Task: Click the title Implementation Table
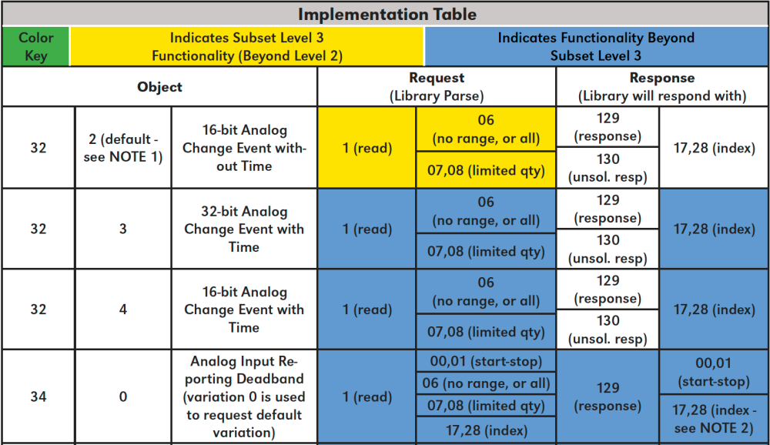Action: coord(387,14)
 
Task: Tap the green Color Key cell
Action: coord(35,46)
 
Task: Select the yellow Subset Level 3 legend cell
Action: coord(246,46)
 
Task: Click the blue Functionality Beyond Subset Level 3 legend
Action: coord(595,46)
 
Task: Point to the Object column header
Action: coord(159,87)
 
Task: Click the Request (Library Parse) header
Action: coord(436,87)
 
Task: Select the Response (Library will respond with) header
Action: coord(661,87)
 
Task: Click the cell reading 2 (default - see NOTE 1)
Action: coord(122,148)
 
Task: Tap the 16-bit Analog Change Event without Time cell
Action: coord(243,148)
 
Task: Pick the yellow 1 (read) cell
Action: coord(367,148)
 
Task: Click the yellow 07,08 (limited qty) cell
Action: coord(485,170)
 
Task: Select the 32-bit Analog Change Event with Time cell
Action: coord(243,229)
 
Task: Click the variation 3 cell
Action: coord(122,229)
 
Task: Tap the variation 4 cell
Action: coord(122,309)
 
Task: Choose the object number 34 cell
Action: coord(38,397)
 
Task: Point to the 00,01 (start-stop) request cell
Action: coord(485,361)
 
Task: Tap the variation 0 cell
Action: coord(122,397)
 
